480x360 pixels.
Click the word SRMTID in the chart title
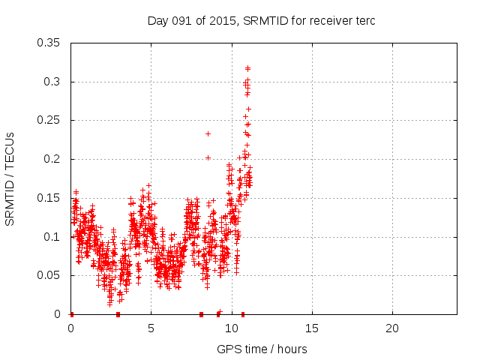(x=267, y=21)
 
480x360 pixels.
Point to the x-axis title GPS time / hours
(x=262, y=349)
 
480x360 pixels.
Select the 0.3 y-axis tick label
(x=54, y=82)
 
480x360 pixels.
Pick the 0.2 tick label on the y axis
(x=54, y=159)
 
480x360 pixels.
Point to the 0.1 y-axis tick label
(x=54, y=237)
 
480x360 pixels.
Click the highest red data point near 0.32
(x=247, y=68)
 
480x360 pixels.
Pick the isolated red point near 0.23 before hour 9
(x=208, y=133)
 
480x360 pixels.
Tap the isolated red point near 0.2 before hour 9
(x=208, y=157)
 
